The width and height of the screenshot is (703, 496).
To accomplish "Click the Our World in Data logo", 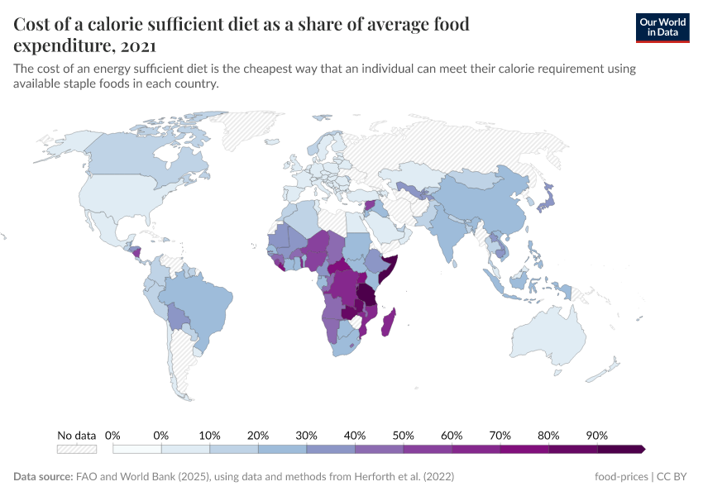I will click(662, 27).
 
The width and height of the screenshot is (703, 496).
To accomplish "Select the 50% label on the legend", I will click(403, 435).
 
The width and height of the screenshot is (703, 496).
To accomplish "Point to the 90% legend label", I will click(596, 435).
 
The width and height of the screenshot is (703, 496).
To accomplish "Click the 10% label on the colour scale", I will click(209, 435).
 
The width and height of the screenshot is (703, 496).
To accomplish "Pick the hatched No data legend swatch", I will click(76, 449).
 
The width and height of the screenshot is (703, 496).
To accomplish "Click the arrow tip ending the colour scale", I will click(642, 449).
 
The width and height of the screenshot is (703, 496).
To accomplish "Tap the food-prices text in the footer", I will click(621, 477).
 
